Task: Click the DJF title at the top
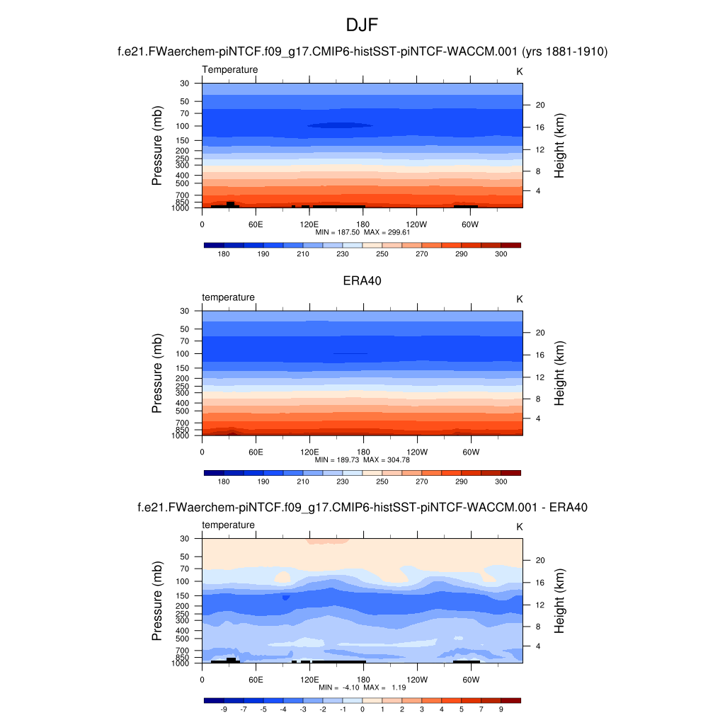pos(362,25)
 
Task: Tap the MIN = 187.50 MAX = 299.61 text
pos(362,232)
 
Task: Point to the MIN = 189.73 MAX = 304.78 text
pos(362,459)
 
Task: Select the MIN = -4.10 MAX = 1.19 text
pos(362,687)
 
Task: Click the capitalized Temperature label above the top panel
pos(230,69)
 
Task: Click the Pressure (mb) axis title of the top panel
pos(157,146)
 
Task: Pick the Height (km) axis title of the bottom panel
pos(559,601)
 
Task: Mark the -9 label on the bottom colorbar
pos(224,709)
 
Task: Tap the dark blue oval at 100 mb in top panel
pos(341,125)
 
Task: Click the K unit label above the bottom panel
pos(519,527)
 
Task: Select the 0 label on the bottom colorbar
pos(362,709)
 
